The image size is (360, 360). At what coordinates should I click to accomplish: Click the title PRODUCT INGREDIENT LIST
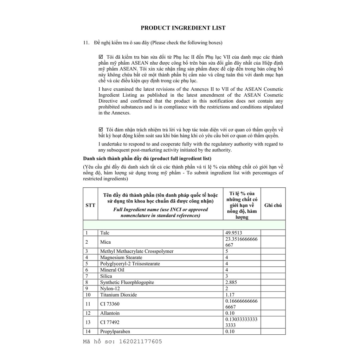click(x=183, y=28)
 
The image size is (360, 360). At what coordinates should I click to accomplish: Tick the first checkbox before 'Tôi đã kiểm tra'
click(x=101, y=57)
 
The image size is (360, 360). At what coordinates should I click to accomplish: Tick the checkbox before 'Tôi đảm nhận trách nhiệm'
click(x=101, y=129)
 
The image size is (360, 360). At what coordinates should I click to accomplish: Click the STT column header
click(x=90, y=205)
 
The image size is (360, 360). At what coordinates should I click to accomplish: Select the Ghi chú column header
click(x=273, y=205)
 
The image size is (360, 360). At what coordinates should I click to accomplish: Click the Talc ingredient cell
click(x=105, y=233)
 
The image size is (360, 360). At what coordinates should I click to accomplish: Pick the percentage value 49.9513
click(x=233, y=233)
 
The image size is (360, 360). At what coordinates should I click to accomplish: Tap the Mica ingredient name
click(x=105, y=242)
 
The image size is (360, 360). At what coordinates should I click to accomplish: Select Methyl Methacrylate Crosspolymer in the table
click(x=137, y=251)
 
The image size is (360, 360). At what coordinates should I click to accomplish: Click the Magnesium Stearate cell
click(x=121, y=258)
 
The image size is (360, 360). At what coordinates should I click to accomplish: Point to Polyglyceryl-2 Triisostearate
click(x=130, y=264)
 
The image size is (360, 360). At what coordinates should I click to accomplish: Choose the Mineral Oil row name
click(x=112, y=270)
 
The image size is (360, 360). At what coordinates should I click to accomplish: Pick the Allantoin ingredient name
click(x=110, y=313)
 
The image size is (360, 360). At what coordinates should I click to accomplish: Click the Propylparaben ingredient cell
click(x=115, y=332)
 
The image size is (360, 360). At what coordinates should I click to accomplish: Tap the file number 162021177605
click(x=141, y=341)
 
